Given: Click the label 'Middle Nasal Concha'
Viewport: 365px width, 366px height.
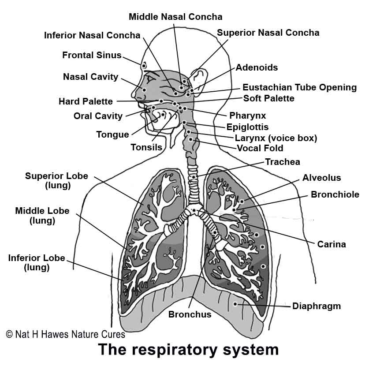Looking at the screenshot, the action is pos(175,17).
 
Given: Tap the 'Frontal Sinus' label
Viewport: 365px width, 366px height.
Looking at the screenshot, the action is pos(92,55).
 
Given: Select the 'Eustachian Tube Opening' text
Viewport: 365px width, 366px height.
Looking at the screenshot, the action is pos(300,88).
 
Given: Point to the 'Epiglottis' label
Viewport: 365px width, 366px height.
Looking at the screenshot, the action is pos(247,127).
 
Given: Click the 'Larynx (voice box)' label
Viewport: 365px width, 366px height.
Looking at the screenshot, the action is pos(276,138).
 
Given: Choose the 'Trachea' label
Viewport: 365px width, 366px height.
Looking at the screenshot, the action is pos(283,162).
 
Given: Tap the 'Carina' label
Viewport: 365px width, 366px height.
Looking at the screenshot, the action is pos(331,244).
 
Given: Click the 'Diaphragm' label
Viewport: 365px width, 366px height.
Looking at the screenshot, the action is pos(317,306).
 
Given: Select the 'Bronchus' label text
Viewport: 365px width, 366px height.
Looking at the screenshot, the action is pos(190,314).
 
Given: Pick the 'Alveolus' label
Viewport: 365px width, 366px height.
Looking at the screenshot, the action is pos(322,178).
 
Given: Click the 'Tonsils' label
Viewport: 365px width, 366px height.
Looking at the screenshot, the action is pos(146,147).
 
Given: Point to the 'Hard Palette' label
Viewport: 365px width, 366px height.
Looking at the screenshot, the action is pos(86,101).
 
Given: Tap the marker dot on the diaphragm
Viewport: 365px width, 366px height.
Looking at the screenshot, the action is pos(235,304).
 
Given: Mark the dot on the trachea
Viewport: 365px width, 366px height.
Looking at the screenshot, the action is pos(194,177).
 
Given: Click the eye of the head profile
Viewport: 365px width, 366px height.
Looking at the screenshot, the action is pos(150,78).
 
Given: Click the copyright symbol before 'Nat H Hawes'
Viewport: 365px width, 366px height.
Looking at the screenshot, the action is pos(9,334).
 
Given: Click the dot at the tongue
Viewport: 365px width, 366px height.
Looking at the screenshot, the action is pos(163,114).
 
